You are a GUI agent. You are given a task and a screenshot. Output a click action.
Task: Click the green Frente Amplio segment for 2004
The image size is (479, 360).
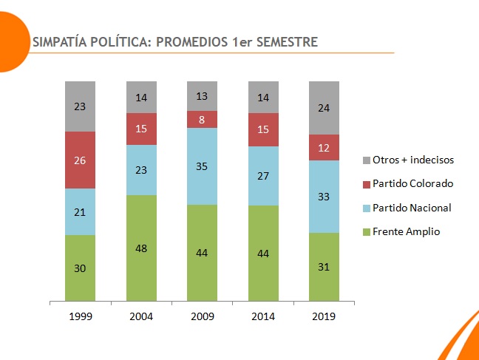point(141,248)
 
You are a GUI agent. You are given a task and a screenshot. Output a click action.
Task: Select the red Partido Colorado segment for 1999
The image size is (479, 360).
point(81,160)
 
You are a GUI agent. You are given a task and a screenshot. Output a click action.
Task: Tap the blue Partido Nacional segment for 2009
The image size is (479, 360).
point(202,166)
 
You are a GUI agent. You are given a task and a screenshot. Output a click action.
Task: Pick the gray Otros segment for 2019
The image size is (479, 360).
point(324,108)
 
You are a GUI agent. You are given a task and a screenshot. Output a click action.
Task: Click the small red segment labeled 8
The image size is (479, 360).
point(202,120)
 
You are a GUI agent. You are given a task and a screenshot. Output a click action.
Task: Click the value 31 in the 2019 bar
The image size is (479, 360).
point(324,268)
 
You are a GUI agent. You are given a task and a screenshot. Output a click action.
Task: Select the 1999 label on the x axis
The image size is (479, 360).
point(81,316)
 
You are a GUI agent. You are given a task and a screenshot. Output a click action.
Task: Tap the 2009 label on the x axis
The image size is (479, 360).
point(202,316)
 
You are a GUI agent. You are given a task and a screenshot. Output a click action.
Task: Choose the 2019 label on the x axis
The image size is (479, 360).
point(324,316)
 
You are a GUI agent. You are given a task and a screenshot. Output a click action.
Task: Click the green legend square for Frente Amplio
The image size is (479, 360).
point(367,232)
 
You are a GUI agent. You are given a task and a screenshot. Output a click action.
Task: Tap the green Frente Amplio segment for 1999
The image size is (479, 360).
point(81,268)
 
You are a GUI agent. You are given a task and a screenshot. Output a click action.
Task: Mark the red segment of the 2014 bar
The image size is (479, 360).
point(263,129)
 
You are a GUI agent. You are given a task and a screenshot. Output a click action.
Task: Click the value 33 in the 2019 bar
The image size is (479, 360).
point(324,197)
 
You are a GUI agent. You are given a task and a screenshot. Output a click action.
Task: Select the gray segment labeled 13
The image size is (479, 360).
point(202,96)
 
